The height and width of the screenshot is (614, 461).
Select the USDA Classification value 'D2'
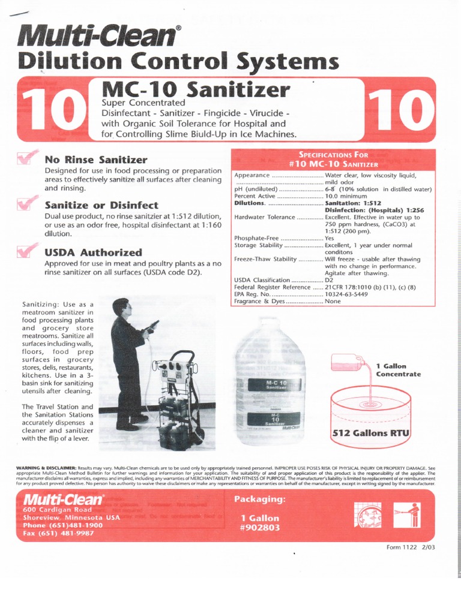[x=330, y=280]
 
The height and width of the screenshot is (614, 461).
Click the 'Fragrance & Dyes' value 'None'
[x=333, y=302]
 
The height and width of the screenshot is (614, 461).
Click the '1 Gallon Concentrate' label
[x=398, y=370]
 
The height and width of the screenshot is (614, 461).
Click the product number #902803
[x=260, y=528]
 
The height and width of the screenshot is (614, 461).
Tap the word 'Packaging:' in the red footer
[x=260, y=499]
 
